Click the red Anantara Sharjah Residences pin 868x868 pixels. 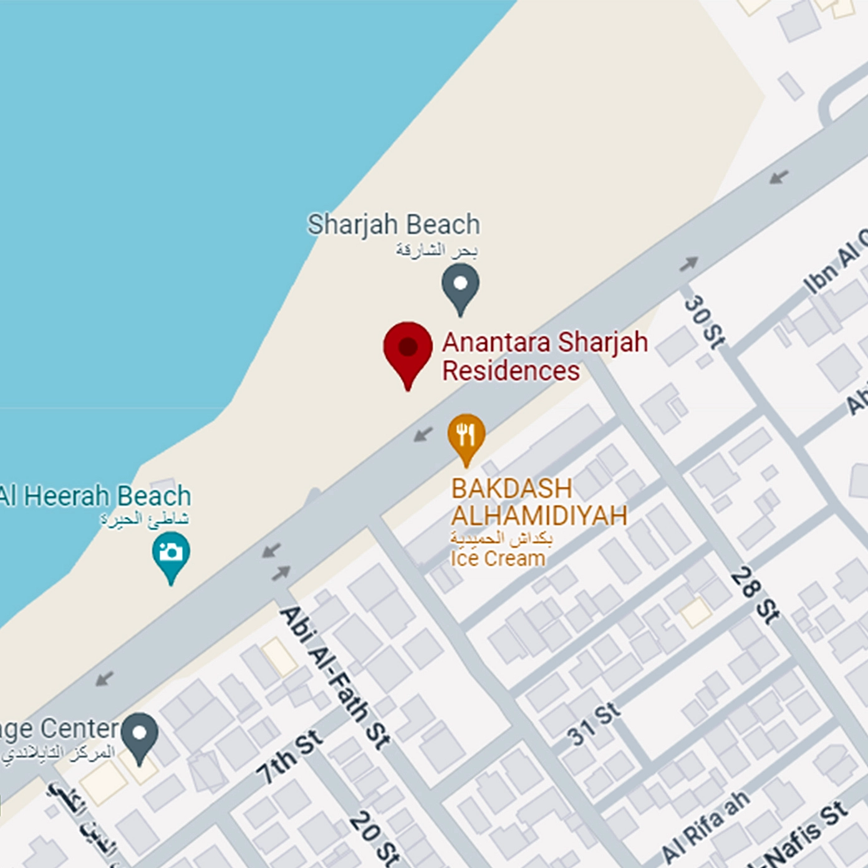tap(408, 350)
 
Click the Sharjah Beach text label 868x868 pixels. tap(393, 224)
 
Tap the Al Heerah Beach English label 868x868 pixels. tap(95, 496)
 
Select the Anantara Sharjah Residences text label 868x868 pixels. tap(544, 357)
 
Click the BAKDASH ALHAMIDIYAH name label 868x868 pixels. tap(539, 502)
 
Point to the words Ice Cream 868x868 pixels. tap(498, 558)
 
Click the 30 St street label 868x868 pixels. tap(705, 321)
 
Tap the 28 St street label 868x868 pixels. tap(755, 594)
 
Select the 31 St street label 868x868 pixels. tap(594, 725)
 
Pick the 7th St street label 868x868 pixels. tap(290, 756)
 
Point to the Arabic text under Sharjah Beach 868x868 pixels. tap(436, 251)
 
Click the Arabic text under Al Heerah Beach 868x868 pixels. tap(145, 519)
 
